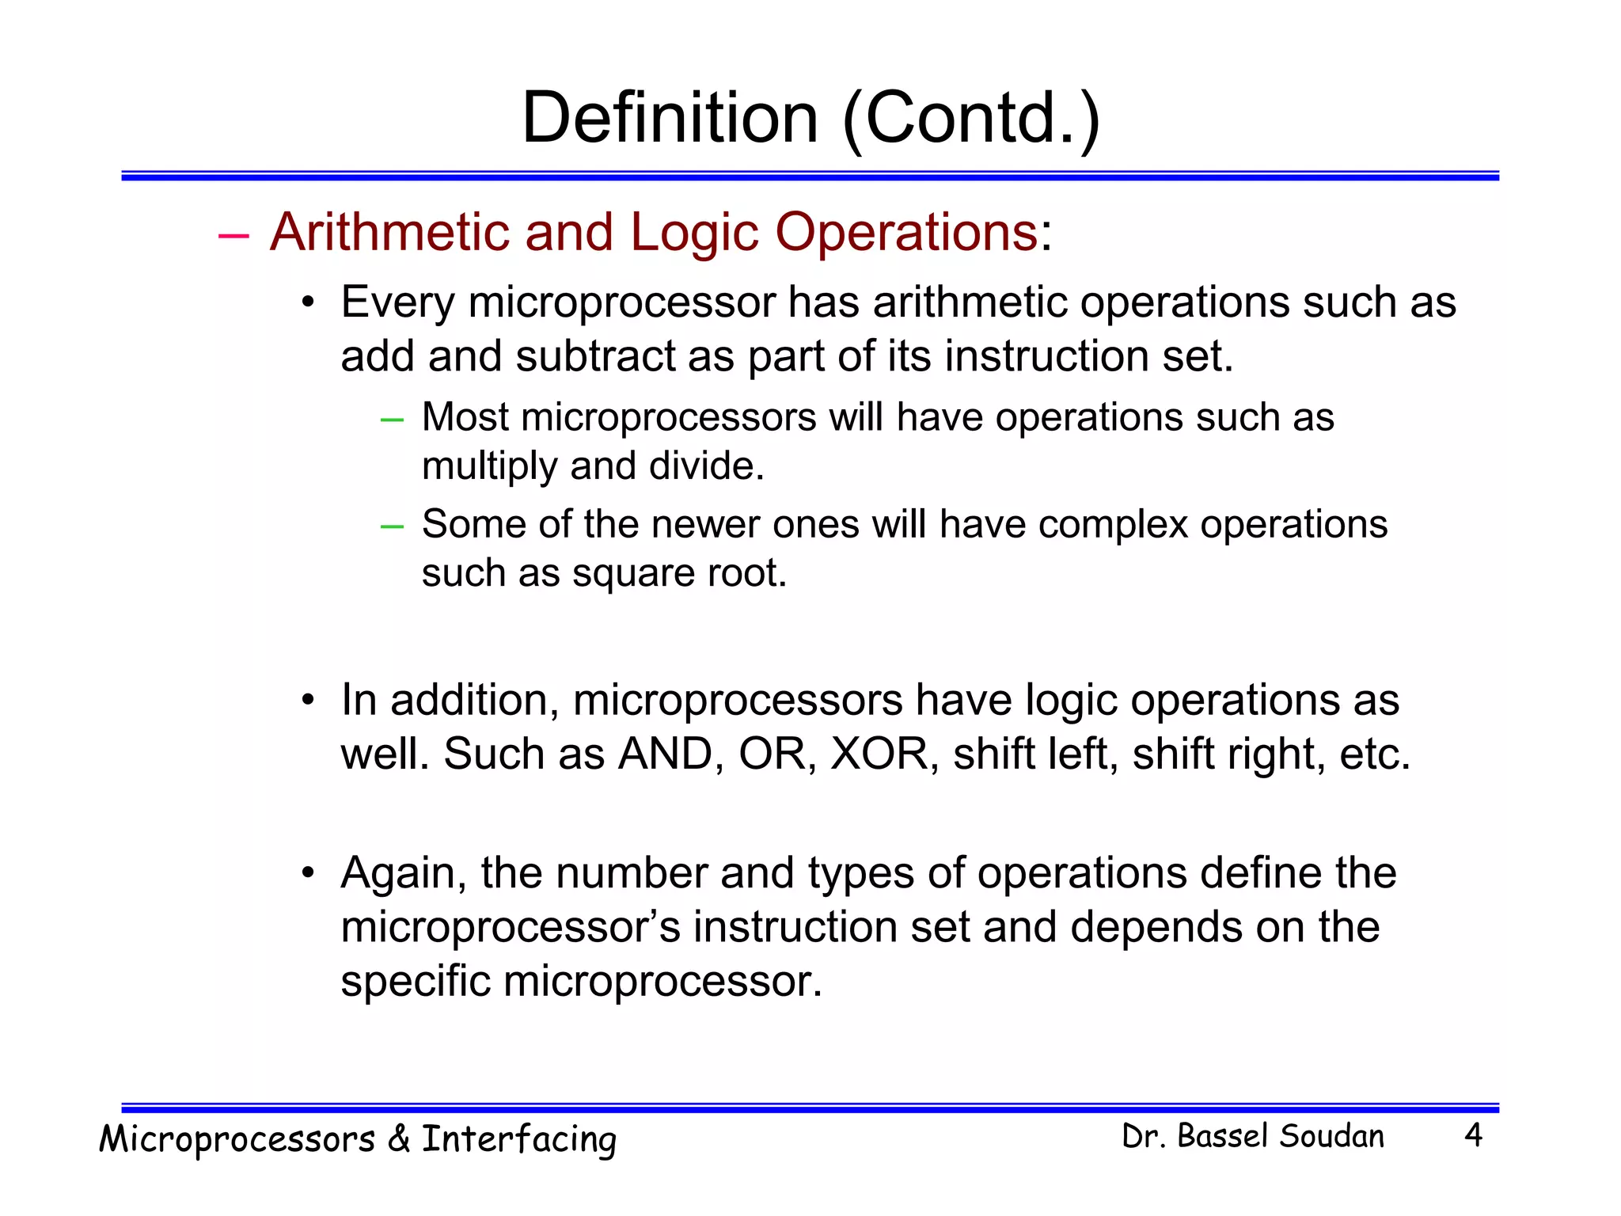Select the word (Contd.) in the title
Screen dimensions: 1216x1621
pyautogui.click(x=971, y=119)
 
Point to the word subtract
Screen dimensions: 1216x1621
pyautogui.click(x=595, y=356)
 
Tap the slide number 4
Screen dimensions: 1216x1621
pyautogui.click(x=1473, y=1135)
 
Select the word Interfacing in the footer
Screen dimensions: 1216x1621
pyautogui.click(x=518, y=1139)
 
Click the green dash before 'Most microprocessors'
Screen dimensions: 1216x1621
pyautogui.click(x=392, y=419)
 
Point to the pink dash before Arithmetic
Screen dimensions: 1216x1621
pyautogui.click(x=233, y=235)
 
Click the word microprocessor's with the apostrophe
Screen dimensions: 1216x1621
pyautogui.click(x=511, y=928)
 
